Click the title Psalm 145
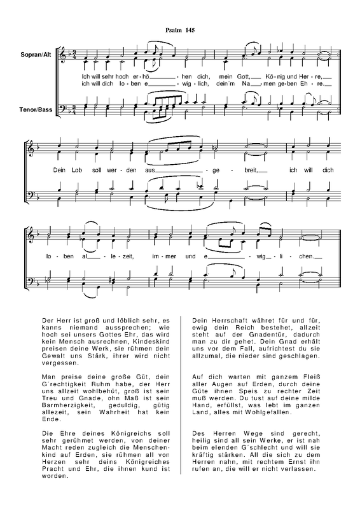[180, 31]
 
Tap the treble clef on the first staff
[62, 57]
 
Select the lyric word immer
[162, 256]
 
